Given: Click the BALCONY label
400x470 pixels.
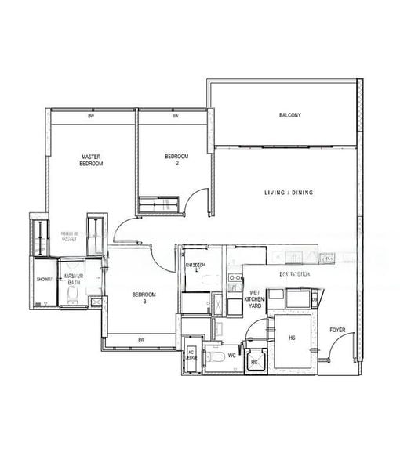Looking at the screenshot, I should pyautogui.click(x=289, y=116).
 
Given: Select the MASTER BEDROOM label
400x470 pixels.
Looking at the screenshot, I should pyautogui.click(x=91, y=160).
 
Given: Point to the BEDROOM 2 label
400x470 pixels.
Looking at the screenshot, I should pyautogui.click(x=176, y=160).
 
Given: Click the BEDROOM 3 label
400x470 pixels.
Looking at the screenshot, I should pyautogui.click(x=144, y=298).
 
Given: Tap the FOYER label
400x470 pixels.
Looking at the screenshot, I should pyautogui.click(x=337, y=330).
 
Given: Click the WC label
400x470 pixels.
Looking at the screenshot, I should pyautogui.click(x=232, y=356).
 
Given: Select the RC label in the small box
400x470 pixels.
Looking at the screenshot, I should pyautogui.click(x=255, y=363).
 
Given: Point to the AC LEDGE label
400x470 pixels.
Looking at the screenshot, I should pyautogui.click(x=191, y=355).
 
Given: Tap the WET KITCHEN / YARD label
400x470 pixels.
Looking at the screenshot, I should pyautogui.click(x=255, y=300).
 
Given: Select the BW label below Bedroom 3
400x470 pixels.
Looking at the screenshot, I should pyautogui.click(x=140, y=339).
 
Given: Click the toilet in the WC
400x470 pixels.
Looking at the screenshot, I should pyautogui.click(x=215, y=358).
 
